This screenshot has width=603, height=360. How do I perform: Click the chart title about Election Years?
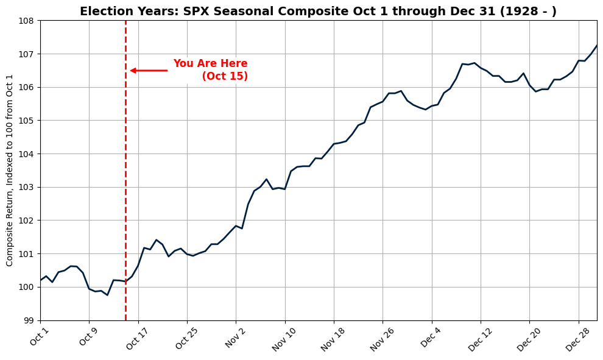(318, 12)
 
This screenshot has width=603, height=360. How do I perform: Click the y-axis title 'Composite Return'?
(10, 170)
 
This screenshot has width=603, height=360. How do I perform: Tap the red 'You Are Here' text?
(210, 64)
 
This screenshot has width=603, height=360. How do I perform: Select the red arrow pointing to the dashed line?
(149, 71)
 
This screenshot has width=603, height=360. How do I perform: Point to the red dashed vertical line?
(125, 183)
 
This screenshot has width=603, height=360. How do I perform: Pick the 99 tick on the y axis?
(29, 320)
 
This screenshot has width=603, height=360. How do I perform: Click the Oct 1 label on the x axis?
(39, 337)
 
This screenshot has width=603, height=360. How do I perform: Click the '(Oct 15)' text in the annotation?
(225, 76)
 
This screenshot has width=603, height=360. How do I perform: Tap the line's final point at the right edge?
(596, 46)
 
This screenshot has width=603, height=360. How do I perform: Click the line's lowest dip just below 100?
(107, 295)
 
